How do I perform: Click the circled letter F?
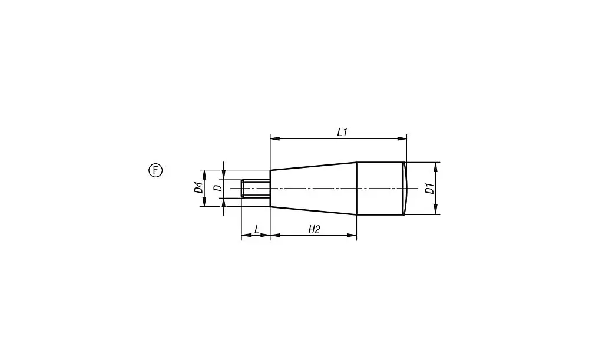pyautogui.click(x=155, y=170)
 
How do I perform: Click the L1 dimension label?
pyautogui.click(x=342, y=133)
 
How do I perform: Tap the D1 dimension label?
pyautogui.click(x=430, y=188)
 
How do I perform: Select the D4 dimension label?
pyautogui.click(x=198, y=187)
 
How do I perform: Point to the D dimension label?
pyautogui.click(x=218, y=188)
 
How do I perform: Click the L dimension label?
pyautogui.click(x=257, y=229)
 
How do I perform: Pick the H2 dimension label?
pyautogui.click(x=314, y=229)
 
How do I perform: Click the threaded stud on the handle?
pyautogui.click(x=256, y=189)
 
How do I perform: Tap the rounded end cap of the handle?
pyautogui.click(x=405, y=189)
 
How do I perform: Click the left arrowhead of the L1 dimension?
pyautogui.click(x=275, y=138)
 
